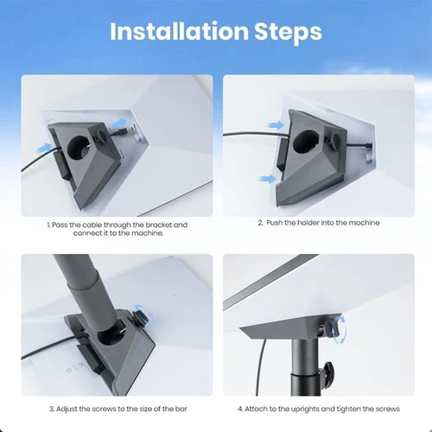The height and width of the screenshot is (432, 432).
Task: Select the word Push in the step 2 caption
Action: pyautogui.click(x=277, y=223)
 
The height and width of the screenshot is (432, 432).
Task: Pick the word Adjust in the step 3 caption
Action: pyautogui.click(x=73, y=409)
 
